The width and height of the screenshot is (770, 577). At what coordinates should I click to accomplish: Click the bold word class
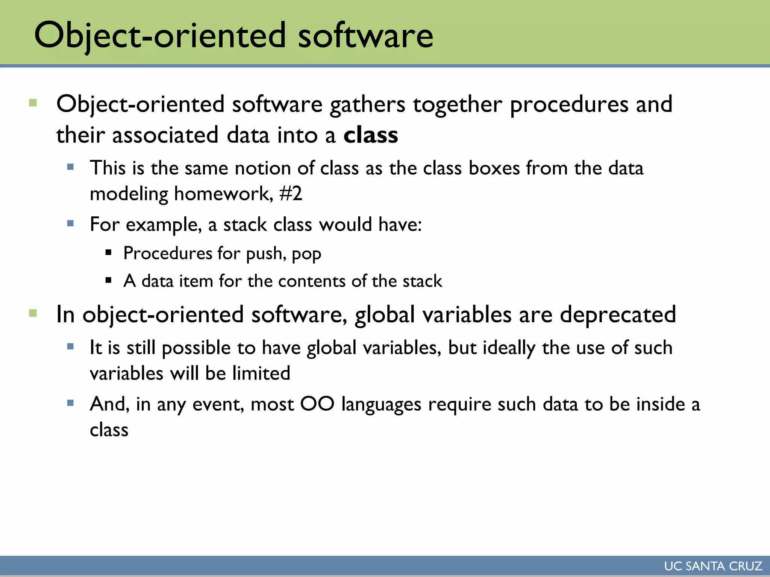point(370,135)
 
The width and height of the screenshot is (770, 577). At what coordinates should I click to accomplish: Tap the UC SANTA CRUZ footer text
point(713,566)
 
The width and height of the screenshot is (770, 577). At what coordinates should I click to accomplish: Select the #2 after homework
point(291,194)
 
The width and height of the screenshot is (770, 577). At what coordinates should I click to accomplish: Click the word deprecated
point(618,315)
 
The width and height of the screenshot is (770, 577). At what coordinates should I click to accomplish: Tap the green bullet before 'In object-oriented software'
point(33,313)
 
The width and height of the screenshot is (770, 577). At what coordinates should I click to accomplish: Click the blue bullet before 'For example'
point(70,224)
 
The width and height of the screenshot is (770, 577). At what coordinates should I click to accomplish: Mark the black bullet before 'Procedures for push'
point(109,252)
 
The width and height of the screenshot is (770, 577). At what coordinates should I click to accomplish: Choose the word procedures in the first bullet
point(569,104)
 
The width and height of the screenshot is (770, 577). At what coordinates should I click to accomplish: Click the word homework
point(223,194)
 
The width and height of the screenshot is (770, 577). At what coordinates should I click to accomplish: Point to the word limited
point(261,373)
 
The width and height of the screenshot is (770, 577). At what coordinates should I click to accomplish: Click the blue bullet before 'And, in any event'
point(70,403)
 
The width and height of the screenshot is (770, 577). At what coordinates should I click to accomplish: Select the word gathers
point(367,104)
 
